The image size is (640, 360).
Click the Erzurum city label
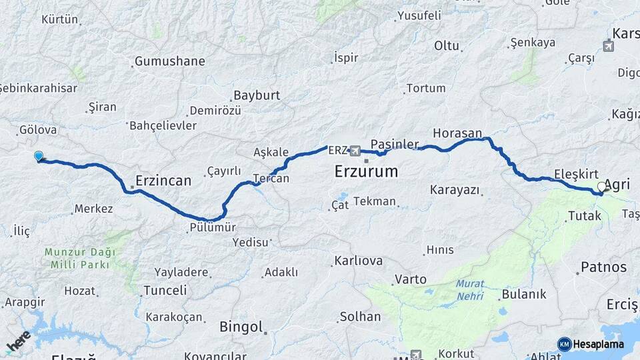pos(366,171)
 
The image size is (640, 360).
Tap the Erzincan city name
pos(163,180)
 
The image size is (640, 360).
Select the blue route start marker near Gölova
pos(39,157)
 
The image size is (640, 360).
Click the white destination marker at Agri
pos(602,187)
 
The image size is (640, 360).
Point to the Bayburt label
pos(257,95)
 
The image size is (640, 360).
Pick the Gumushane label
pos(169,61)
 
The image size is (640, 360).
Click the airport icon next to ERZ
pos(355,151)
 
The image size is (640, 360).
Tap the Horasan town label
pos(457,133)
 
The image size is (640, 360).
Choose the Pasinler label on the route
pos(395,144)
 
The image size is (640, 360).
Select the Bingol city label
pos(243,327)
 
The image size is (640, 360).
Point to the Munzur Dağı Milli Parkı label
pos(80,258)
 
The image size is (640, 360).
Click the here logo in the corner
pos(18,342)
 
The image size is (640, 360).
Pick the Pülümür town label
pos(213,227)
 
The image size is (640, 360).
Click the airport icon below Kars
pos(608,46)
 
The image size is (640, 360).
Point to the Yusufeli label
pos(419,15)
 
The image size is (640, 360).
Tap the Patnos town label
pos(604,267)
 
